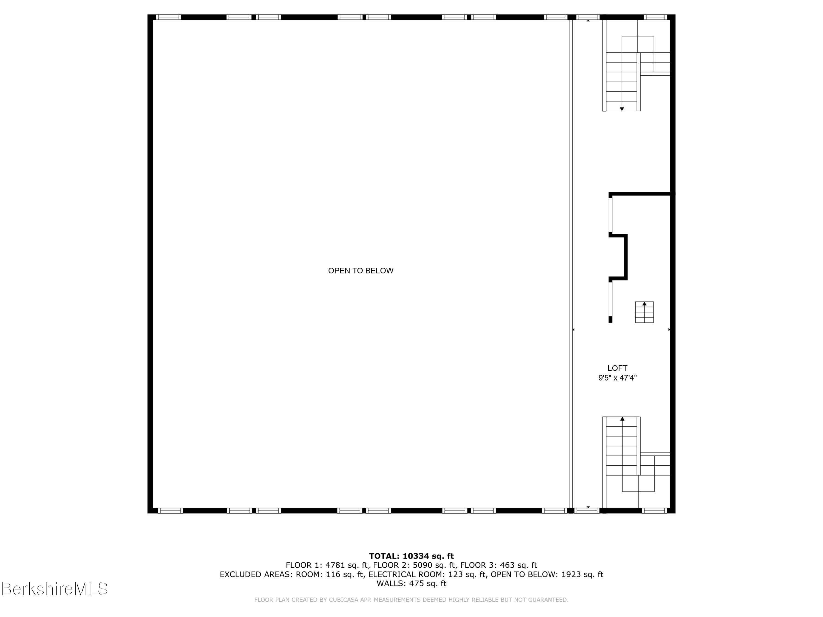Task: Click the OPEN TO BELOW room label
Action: tap(360, 271)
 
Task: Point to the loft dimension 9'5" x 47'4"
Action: tap(617, 378)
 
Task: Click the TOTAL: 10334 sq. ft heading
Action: tap(411, 556)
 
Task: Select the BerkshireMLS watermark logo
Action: tap(55, 589)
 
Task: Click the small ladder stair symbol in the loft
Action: tap(644, 312)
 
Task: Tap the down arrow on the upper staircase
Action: tap(622, 109)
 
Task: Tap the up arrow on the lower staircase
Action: tap(622, 419)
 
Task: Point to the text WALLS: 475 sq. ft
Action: tap(411, 584)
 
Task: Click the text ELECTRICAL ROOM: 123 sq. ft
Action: tap(427, 574)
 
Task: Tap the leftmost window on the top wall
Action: tap(168, 17)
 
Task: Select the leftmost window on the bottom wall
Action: tap(170, 511)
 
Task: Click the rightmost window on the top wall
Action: tap(655, 17)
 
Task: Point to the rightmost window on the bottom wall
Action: tap(655, 511)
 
